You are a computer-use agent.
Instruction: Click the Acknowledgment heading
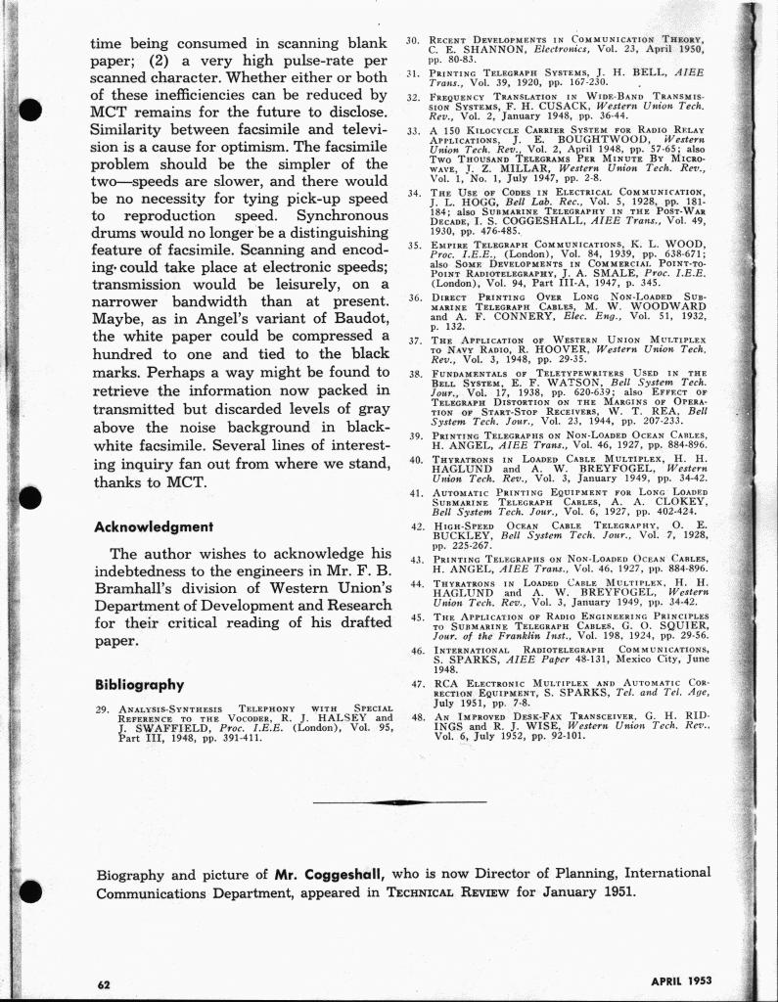click(153, 526)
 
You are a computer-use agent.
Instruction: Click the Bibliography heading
click(139, 684)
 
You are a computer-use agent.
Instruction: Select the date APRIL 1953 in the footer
click(681, 980)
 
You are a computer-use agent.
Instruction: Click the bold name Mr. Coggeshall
click(332, 873)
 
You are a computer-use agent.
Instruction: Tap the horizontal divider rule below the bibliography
click(400, 802)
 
